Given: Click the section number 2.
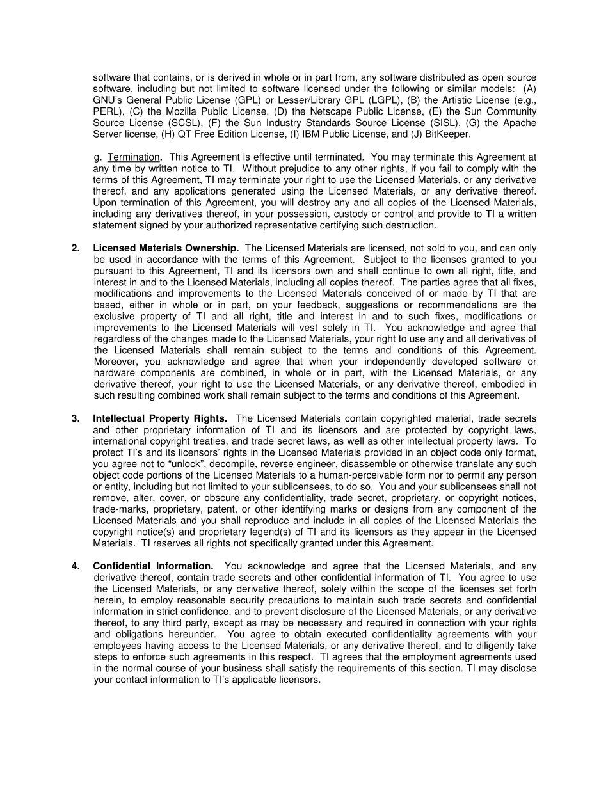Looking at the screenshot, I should pos(76,248).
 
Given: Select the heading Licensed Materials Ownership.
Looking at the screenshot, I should pos(166,248).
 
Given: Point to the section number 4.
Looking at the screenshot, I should pos(76,566).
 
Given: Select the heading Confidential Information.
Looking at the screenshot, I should pos(153,566).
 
